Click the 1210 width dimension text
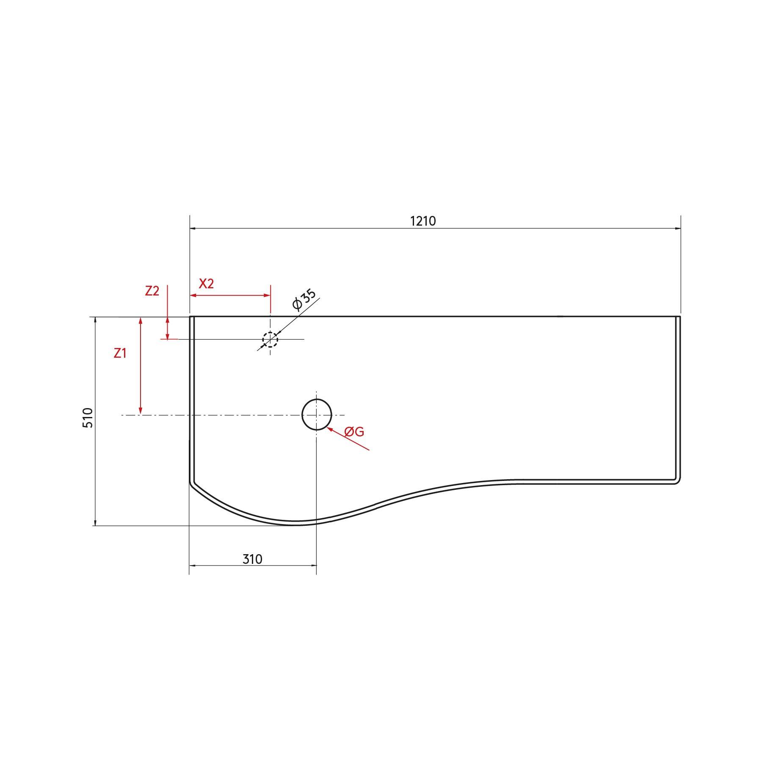[x=423, y=221]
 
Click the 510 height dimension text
[x=88, y=417]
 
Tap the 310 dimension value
[x=252, y=559]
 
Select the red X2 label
[x=206, y=284]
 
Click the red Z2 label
[x=152, y=291]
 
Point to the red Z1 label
[x=120, y=353]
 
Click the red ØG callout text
[x=354, y=432]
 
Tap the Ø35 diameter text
[x=304, y=300]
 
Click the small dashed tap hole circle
[x=270, y=340]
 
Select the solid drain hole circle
[x=317, y=414]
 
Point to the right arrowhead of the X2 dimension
[x=267, y=295]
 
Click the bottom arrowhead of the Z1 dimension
[x=141, y=411]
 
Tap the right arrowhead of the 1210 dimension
[x=678, y=229]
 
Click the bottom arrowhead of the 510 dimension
[x=95, y=522]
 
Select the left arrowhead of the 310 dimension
[x=192, y=565]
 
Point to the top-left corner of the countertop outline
[x=190, y=317]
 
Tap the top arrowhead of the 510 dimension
[x=95, y=320]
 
